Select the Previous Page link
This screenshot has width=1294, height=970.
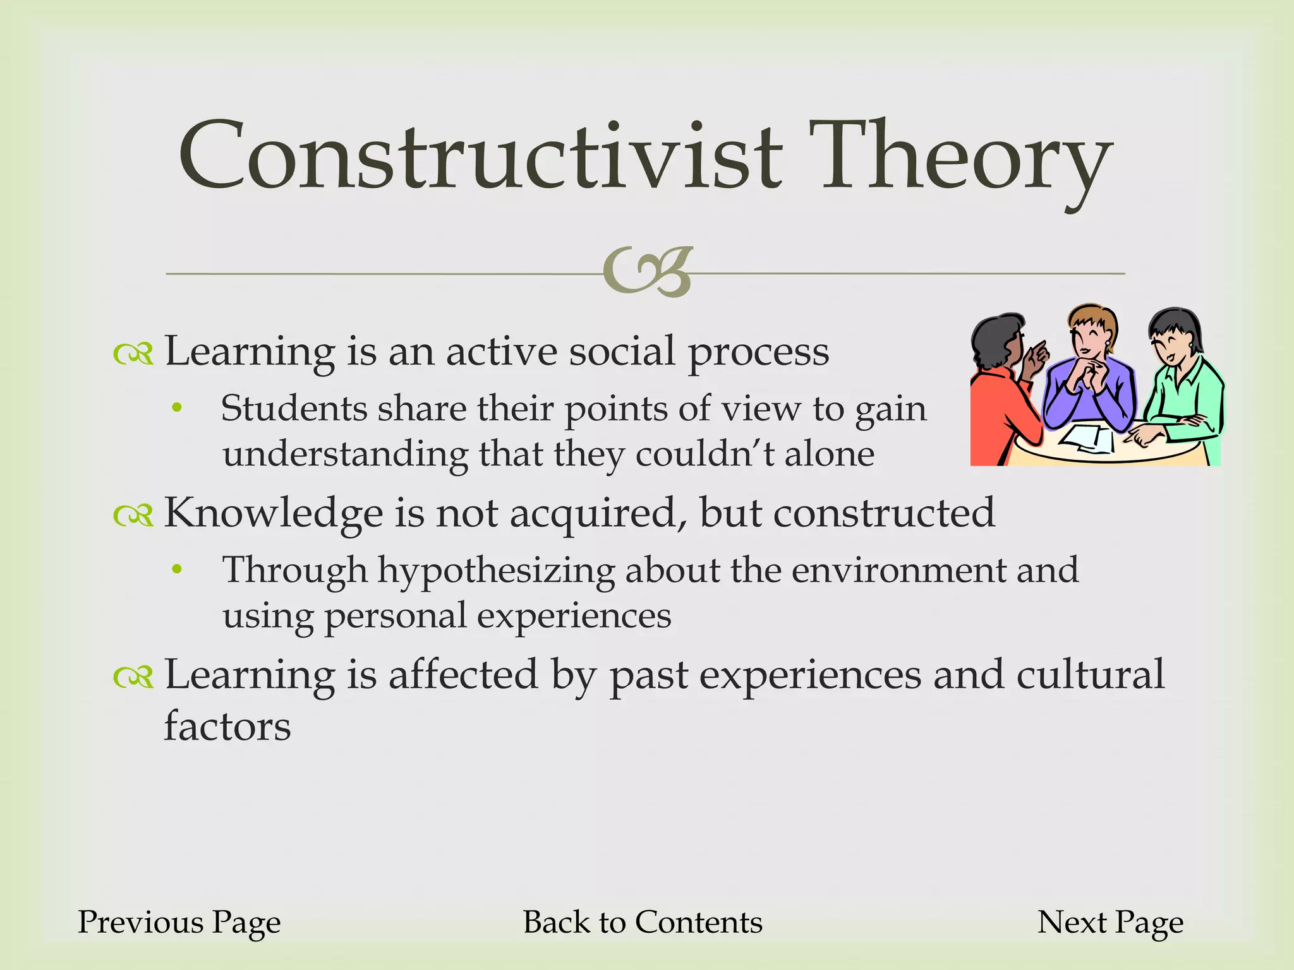pos(179,923)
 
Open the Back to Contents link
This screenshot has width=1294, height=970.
pos(643,923)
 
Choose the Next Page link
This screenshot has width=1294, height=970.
pos(1110,923)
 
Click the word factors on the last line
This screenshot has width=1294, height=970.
pos(227,727)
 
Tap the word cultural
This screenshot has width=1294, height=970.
pos(1090,675)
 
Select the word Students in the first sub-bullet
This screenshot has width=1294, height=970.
pos(294,409)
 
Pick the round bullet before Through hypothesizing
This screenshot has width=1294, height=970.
pos(178,570)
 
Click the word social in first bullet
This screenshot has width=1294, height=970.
pos(622,352)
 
